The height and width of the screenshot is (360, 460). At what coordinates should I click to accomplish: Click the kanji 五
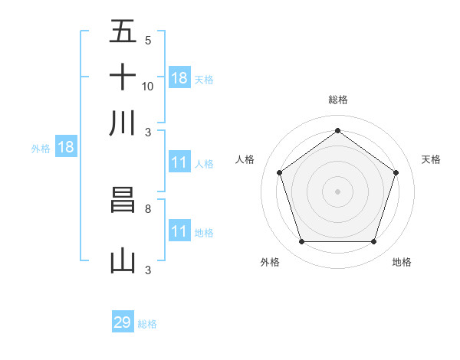pos(123,31)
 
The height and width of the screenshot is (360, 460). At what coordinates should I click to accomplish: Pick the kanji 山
pos(123,261)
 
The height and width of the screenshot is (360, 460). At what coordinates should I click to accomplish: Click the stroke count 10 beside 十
pos(148,86)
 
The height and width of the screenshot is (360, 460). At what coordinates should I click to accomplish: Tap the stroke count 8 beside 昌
pos(148,208)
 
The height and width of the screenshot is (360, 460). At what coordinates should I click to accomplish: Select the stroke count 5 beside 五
pos(148,40)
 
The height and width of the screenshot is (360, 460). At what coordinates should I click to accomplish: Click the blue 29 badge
pos(123,322)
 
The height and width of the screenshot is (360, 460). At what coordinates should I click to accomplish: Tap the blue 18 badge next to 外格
pos(66,148)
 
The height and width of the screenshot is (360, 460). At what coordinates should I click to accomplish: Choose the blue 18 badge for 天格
pos(179,77)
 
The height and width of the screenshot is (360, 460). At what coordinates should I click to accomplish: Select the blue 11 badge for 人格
pos(179,162)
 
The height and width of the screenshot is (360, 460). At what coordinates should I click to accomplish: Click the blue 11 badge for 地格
pos(179,231)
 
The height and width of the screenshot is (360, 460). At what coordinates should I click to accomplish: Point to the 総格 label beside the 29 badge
pos(147,324)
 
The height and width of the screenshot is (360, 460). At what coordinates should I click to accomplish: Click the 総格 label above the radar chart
pos(337,100)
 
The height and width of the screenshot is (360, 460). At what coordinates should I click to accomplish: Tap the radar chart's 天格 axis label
pos(431,159)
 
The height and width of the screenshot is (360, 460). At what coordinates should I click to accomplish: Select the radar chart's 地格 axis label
pos(402,262)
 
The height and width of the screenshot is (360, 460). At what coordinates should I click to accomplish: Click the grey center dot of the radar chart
pos(337,191)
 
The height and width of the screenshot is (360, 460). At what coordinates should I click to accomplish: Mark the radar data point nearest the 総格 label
pos(337,130)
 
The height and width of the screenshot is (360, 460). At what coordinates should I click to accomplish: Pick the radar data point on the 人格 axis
pos(280,172)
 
